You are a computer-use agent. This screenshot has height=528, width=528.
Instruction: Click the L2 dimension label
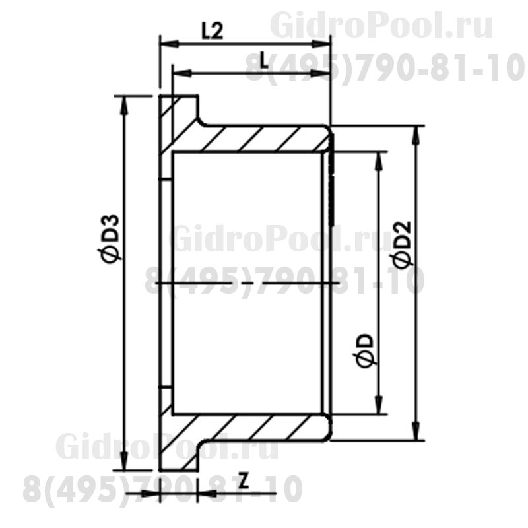pyautogui.click(x=212, y=31)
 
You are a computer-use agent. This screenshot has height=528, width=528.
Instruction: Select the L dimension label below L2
pyautogui.click(x=265, y=61)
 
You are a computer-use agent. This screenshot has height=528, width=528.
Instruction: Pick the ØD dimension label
pyautogui.click(x=364, y=350)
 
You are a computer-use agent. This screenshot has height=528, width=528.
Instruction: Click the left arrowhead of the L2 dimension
pyautogui.click(x=169, y=44)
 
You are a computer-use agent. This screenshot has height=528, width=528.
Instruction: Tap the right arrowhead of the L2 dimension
pyautogui.click(x=321, y=44)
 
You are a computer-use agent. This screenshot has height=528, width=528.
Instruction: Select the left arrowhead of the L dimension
pyautogui.click(x=182, y=73)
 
